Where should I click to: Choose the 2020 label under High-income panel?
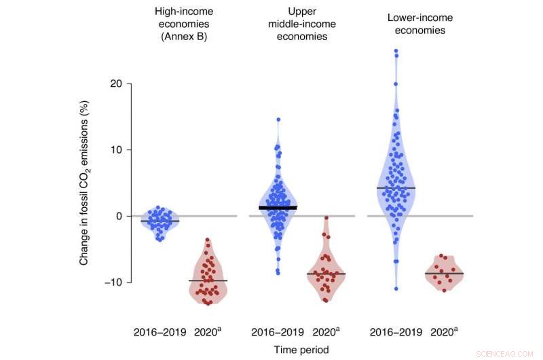click(x=207, y=333)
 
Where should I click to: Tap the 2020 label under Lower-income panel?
click(x=445, y=333)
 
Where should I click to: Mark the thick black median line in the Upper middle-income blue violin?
click(x=278, y=207)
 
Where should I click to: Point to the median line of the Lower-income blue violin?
click(x=396, y=188)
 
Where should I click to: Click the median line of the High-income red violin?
click(x=208, y=281)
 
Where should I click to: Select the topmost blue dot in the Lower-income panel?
click(x=396, y=51)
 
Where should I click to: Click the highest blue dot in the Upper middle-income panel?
click(x=278, y=120)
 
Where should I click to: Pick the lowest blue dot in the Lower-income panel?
click(x=396, y=289)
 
